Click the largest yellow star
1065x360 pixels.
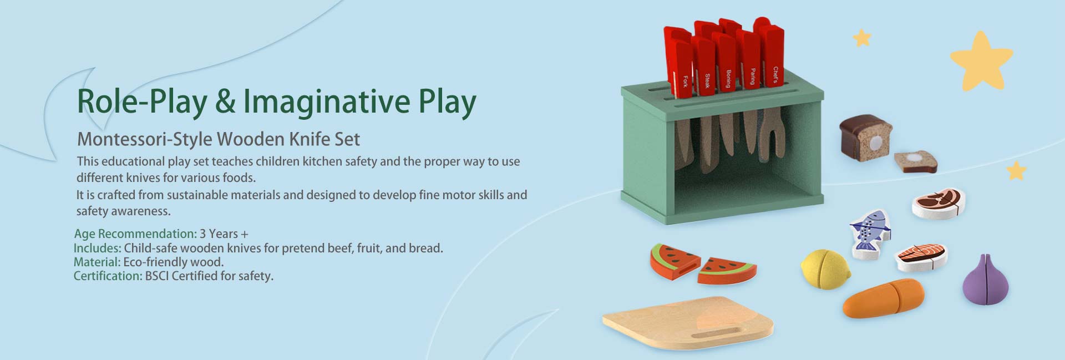[981, 61]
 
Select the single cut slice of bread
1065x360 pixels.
[915, 161]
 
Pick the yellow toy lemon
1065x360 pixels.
[825, 269]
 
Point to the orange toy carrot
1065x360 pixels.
[883, 298]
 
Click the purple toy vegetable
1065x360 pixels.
[986, 280]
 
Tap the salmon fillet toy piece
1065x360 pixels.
[921, 257]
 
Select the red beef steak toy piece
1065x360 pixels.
[939, 204]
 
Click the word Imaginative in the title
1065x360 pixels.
[327, 102]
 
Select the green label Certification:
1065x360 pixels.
[108, 276]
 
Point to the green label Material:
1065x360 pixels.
[97, 262]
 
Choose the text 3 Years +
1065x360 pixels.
[224, 234]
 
